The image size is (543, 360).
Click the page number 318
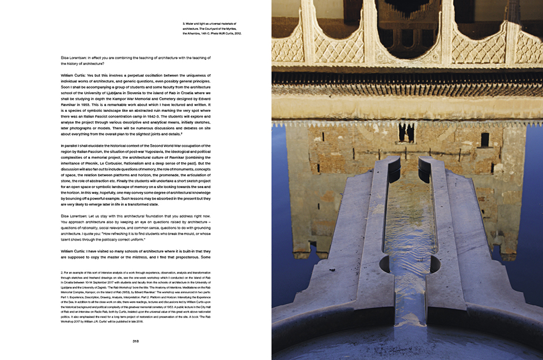136,341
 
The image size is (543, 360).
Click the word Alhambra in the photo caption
196,34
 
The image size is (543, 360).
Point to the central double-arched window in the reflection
406,132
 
